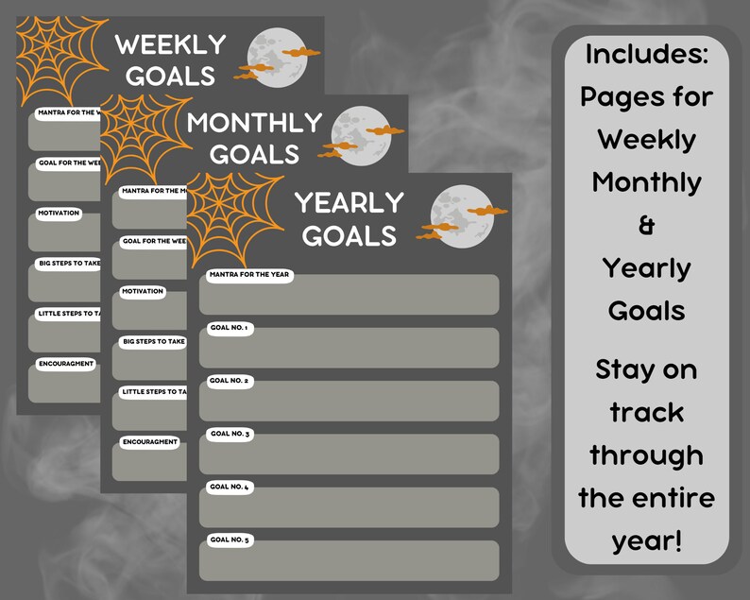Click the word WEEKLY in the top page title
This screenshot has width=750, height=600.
[x=170, y=43]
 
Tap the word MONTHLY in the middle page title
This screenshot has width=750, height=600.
[x=254, y=123]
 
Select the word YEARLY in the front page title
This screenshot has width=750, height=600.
[x=349, y=202]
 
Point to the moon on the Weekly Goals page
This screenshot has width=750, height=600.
[x=272, y=54]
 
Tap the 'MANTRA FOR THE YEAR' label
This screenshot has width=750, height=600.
[x=249, y=276]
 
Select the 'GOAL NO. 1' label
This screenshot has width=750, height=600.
[x=229, y=328]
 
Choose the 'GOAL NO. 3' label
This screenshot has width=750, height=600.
[x=229, y=434]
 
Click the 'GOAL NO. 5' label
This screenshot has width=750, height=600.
[x=229, y=540]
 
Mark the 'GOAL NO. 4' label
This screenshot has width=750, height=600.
[x=229, y=487]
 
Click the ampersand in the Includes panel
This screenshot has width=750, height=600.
[x=647, y=226]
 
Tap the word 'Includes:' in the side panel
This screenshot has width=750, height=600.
[x=647, y=54]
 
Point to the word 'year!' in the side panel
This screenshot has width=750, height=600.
[x=647, y=540]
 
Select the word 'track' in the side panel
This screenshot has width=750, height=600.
[x=647, y=412]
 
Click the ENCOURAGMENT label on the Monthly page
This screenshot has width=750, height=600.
[x=149, y=442]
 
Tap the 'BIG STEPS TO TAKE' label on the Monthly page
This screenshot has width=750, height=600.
[x=153, y=341]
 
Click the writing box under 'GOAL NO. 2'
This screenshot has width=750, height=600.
[x=349, y=403]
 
